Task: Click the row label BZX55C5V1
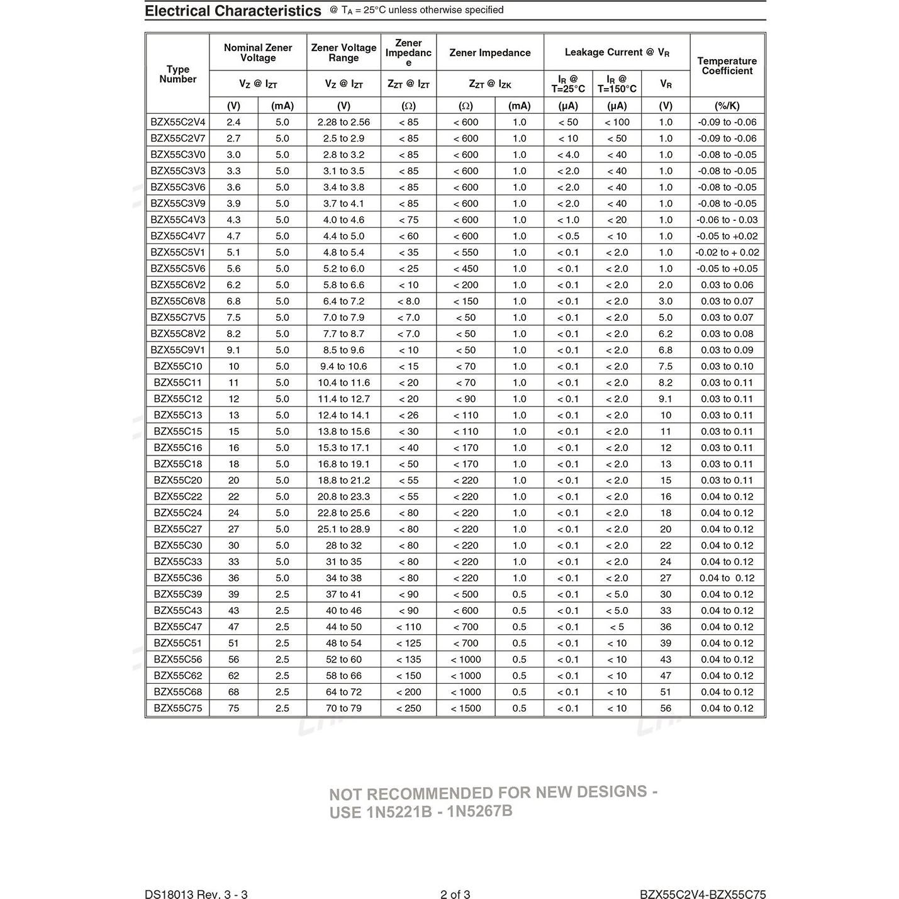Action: tap(177, 252)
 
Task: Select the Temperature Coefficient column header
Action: tap(727, 66)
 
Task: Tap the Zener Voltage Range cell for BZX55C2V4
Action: tap(343, 122)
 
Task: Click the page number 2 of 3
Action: tap(455, 895)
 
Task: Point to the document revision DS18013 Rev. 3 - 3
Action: tap(196, 895)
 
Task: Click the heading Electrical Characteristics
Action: tap(233, 11)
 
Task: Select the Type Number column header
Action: tap(177, 74)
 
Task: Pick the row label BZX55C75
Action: tap(177, 708)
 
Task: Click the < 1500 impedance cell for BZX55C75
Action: tap(466, 708)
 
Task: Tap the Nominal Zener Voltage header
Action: tap(258, 53)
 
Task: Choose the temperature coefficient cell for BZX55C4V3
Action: tap(727, 220)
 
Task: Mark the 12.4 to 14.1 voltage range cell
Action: tap(343, 415)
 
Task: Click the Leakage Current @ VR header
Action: tap(617, 53)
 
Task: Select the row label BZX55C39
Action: tap(177, 595)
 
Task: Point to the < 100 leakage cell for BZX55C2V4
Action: tap(617, 122)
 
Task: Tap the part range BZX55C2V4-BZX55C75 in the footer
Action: tap(703, 895)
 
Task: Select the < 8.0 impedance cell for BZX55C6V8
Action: tap(408, 301)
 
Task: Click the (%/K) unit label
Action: tap(727, 106)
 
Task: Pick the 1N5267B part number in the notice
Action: tap(479, 812)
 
